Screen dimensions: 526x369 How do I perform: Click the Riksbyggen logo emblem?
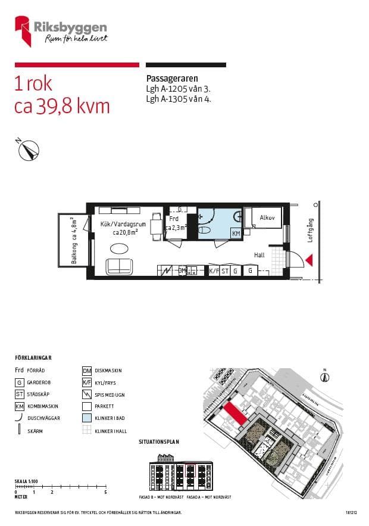tap(23, 31)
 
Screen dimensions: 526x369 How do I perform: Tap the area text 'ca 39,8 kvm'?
tap(62, 106)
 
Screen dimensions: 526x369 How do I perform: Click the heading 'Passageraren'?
tap(172, 79)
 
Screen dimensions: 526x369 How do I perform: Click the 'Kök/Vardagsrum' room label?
tap(121, 225)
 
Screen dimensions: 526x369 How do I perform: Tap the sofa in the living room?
tap(121, 267)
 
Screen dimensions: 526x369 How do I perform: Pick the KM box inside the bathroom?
tap(236, 234)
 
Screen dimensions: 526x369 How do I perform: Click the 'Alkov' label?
tap(267, 218)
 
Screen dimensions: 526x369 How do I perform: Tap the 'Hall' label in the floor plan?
tap(259, 254)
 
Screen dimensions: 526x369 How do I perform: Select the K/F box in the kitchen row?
tap(214, 271)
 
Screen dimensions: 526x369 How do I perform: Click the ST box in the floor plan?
tap(225, 271)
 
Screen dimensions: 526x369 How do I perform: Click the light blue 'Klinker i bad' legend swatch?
tap(86, 418)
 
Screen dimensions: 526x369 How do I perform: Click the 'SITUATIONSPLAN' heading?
tap(158, 442)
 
